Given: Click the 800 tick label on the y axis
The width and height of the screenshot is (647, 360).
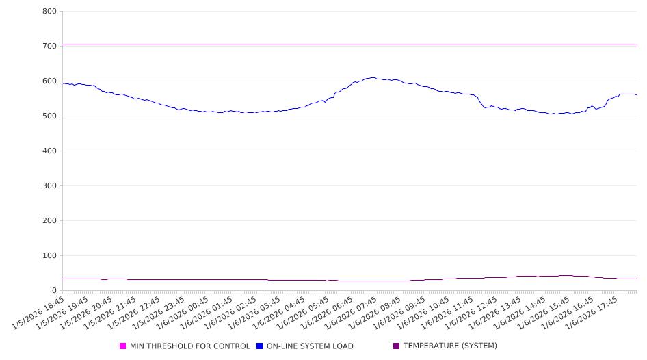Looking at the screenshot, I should [49, 12].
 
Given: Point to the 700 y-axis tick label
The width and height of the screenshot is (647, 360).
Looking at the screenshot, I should [49, 47].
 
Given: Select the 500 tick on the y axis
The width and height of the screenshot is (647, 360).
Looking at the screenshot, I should [49, 116].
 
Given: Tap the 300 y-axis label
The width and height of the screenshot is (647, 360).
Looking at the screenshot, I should [49, 186].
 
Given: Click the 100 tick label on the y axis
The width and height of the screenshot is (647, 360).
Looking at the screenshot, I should [49, 256].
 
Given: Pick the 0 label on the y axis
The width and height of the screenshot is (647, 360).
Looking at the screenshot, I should [54, 291].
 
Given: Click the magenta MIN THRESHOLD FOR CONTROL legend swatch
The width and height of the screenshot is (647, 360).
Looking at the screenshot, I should [123, 346].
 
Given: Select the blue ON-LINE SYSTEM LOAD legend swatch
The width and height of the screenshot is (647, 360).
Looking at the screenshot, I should [260, 346].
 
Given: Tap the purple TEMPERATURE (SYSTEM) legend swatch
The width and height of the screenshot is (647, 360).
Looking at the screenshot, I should [397, 346].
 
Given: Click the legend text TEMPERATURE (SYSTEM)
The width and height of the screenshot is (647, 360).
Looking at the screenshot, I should [450, 346].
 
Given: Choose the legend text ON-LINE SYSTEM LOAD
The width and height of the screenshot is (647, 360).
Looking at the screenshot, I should [310, 346].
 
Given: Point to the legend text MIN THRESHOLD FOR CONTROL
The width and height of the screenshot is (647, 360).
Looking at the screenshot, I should [190, 346].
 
